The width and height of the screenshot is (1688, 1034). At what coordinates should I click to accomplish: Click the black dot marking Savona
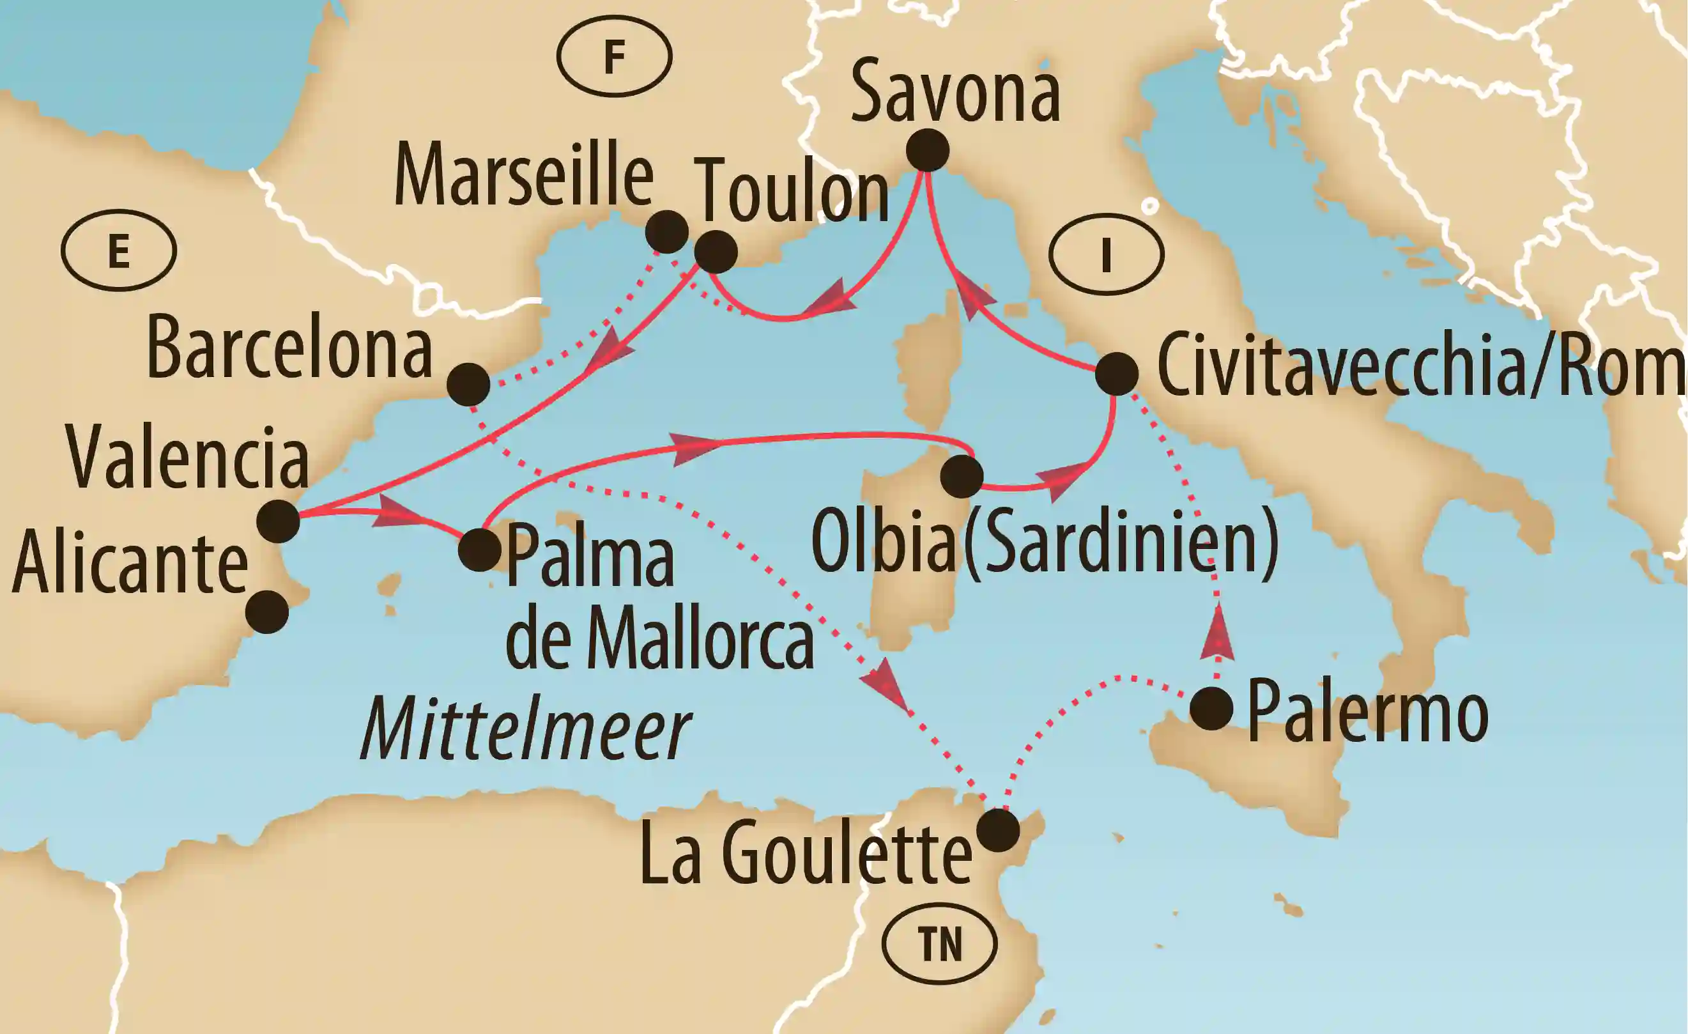point(927,150)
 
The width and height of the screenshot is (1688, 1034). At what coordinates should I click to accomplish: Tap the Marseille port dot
point(666,232)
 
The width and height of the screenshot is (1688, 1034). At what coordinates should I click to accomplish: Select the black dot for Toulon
point(716,252)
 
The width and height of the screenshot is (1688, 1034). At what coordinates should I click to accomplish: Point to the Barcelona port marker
point(468,385)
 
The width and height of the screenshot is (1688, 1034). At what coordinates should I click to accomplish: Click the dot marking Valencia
point(278,521)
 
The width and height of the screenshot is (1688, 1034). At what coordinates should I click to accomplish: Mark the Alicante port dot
point(267,612)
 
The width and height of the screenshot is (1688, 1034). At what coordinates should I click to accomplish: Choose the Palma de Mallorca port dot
point(480,550)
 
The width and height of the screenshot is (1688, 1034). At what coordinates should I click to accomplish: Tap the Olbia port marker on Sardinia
point(962,476)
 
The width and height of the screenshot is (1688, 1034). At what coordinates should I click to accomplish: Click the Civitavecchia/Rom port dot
point(1117,374)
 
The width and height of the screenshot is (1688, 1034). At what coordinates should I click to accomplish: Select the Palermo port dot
point(1211,709)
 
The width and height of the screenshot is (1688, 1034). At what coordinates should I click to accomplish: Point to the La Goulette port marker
point(997,831)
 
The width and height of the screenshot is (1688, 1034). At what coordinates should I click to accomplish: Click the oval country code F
point(615,56)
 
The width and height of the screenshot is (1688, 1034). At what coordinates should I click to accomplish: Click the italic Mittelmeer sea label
point(525,734)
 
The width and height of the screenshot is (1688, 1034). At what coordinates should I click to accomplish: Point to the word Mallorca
point(699,638)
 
